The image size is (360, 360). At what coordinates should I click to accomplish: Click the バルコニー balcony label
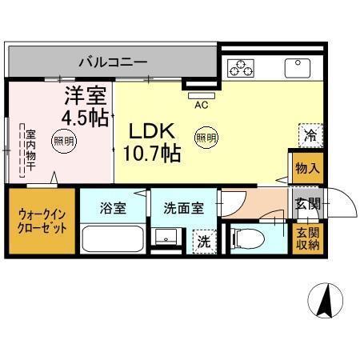[112, 61]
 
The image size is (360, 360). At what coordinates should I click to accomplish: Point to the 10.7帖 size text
[152, 153]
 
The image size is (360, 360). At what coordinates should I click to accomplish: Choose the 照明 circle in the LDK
[206, 137]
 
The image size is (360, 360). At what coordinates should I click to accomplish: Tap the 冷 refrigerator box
[310, 134]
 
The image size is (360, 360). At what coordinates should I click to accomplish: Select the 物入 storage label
[308, 169]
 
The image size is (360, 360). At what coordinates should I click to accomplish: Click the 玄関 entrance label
[308, 203]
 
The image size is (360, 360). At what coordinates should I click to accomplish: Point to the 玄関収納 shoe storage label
[308, 238]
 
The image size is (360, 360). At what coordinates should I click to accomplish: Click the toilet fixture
[246, 236]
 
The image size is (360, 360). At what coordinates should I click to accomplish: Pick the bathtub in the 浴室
[112, 238]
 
